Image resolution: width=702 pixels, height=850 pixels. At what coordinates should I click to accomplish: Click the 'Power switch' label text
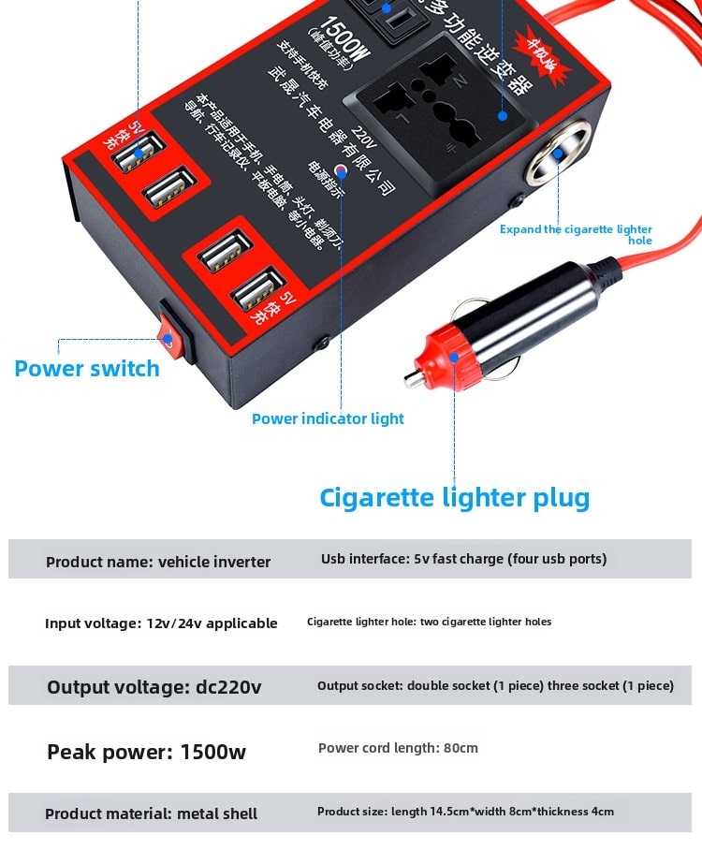coord(87,368)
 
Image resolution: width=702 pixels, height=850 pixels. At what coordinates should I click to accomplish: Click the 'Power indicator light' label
coord(328,418)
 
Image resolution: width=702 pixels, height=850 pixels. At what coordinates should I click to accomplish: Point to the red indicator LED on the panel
coord(341,171)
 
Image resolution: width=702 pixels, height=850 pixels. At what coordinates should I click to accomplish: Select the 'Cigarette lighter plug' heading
coord(455,496)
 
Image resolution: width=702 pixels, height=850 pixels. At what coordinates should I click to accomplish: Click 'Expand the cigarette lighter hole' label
coord(576,234)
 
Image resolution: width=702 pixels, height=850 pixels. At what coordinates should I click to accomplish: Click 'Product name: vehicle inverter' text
coord(158,562)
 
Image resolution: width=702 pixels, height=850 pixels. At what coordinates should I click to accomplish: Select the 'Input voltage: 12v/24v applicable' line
coord(161,623)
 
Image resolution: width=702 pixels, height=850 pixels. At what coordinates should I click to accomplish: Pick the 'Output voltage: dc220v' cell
coord(154,687)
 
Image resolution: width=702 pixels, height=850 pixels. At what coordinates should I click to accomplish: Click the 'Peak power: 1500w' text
coord(147,752)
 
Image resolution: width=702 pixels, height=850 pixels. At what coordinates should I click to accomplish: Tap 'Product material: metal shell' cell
coord(152,813)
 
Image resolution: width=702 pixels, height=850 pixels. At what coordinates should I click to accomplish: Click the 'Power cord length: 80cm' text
coord(398,748)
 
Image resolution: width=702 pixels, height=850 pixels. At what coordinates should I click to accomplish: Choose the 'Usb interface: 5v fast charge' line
coord(463,559)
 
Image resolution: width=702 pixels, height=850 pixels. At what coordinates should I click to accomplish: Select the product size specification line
coord(465,812)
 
